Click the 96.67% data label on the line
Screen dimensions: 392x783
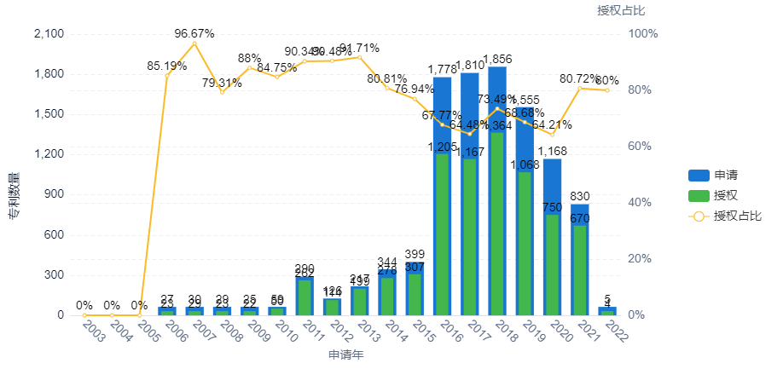point(194,34)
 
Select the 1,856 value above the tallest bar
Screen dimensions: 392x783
point(497,59)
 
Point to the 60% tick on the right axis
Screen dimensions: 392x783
point(641,147)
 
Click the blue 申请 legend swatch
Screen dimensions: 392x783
point(699,176)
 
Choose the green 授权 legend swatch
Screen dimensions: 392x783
point(699,196)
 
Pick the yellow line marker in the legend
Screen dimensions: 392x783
point(699,216)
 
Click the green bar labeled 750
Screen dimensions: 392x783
point(552,264)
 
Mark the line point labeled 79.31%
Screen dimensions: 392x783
point(222,91)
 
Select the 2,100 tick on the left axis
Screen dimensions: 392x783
point(47,34)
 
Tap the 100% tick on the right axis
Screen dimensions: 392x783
point(643,34)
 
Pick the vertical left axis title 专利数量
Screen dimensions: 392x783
point(14,196)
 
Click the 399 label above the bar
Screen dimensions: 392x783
point(415,254)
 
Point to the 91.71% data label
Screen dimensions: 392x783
point(359,48)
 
